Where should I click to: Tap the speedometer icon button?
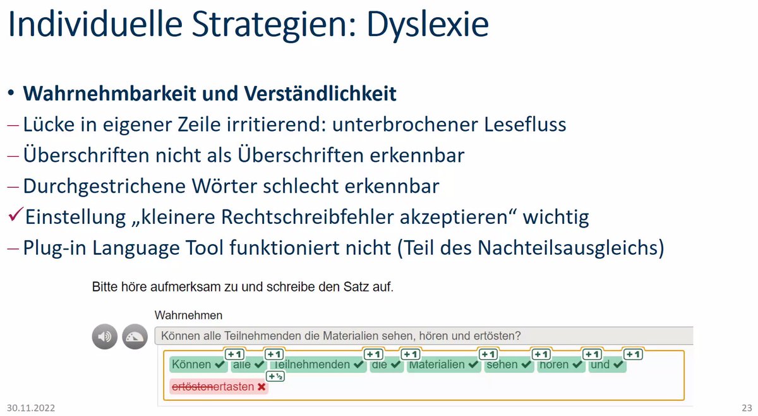click(135, 336)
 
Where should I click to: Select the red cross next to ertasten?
click(261, 386)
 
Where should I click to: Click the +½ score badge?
click(275, 376)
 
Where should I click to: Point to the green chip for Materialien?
click(443, 365)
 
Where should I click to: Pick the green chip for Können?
click(198, 365)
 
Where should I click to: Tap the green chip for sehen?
click(508, 365)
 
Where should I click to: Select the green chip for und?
click(607, 365)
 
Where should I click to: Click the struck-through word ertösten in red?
click(192, 386)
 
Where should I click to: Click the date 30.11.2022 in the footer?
click(31, 408)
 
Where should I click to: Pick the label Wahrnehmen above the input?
click(188, 315)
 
